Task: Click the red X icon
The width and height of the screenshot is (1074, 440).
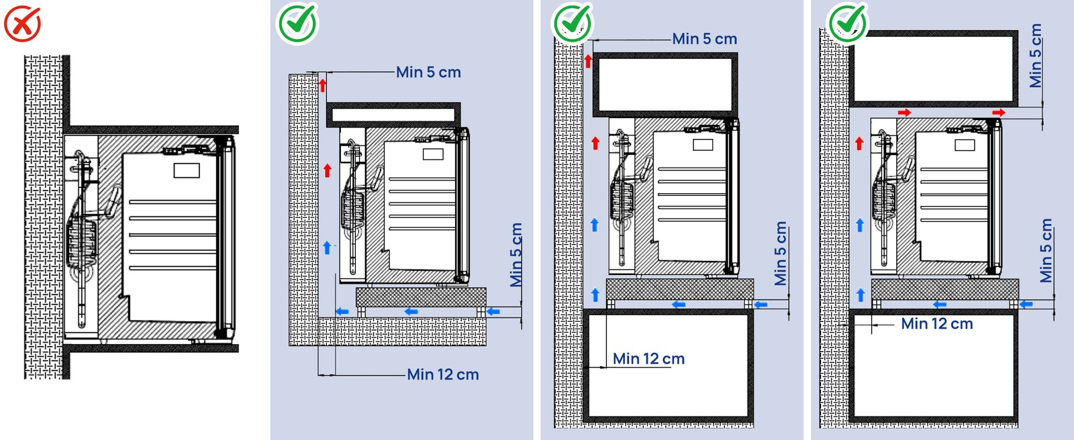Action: click(22, 23)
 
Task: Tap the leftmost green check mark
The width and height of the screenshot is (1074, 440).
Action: click(297, 23)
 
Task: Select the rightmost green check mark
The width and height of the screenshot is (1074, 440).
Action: click(848, 22)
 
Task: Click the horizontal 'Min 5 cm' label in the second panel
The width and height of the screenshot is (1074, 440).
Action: click(428, 72)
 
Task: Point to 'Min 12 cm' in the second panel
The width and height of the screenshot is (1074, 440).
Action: click(443, 375)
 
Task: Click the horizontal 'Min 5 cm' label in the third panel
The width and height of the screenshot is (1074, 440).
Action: click(705, 40)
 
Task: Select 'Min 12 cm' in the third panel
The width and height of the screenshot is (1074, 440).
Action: click(648, 359)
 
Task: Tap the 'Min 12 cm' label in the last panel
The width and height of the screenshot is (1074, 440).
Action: click(937, 324)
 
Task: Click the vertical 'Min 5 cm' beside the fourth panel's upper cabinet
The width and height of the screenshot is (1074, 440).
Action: click(1036, 56)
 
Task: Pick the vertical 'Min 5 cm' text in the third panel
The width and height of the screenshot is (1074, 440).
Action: click(780, 254)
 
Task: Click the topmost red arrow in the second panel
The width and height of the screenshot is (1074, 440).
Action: click(323, 86)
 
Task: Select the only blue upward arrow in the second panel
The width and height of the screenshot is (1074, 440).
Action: click(327, 248)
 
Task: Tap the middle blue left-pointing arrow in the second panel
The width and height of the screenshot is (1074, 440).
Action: click(411, 311)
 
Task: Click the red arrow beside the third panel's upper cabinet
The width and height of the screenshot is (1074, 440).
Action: click(588, 62)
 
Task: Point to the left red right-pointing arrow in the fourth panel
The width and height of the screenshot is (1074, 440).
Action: click(904, 113)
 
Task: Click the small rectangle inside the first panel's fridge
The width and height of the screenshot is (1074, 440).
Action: click(187, 170)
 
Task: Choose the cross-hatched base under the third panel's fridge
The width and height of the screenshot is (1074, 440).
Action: click(679, 289)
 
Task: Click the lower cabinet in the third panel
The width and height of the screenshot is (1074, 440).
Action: click(668, 365)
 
